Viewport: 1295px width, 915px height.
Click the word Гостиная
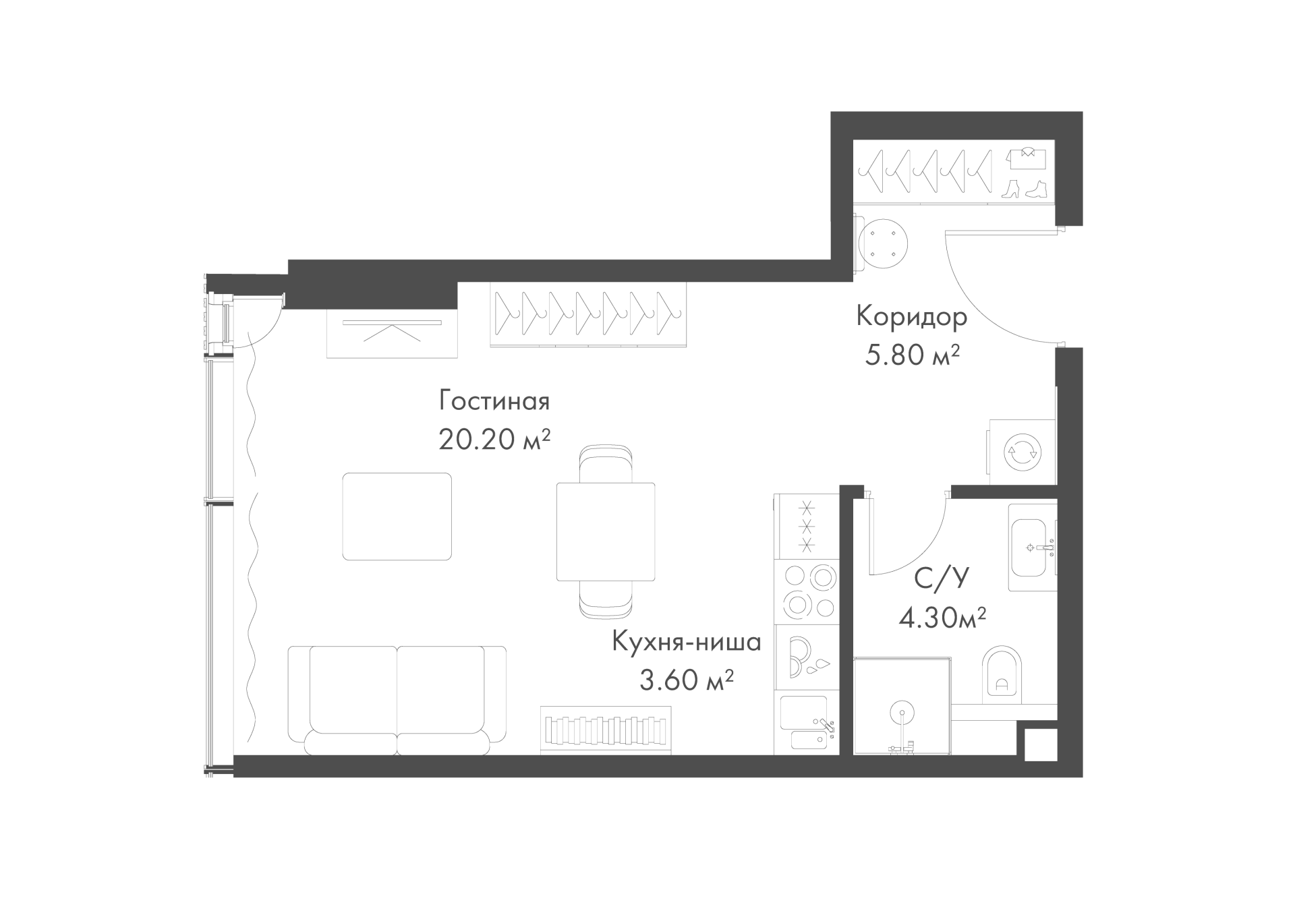point(494,401)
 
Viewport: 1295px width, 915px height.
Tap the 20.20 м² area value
point(494,440)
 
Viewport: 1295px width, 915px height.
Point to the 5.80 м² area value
point(912,355)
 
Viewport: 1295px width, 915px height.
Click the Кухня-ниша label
point(687,642)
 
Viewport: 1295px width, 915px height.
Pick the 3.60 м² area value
point(687,680)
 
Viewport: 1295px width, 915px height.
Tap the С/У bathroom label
point(942,579)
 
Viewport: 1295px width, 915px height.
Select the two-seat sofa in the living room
point(397,700)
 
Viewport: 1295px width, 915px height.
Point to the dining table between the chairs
point(606,531)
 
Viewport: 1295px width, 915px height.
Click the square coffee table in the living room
point(397,516)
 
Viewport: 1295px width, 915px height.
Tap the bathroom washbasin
point(1032,547)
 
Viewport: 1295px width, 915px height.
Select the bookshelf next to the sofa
point(606,730)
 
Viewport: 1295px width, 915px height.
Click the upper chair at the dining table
point(606,464)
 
